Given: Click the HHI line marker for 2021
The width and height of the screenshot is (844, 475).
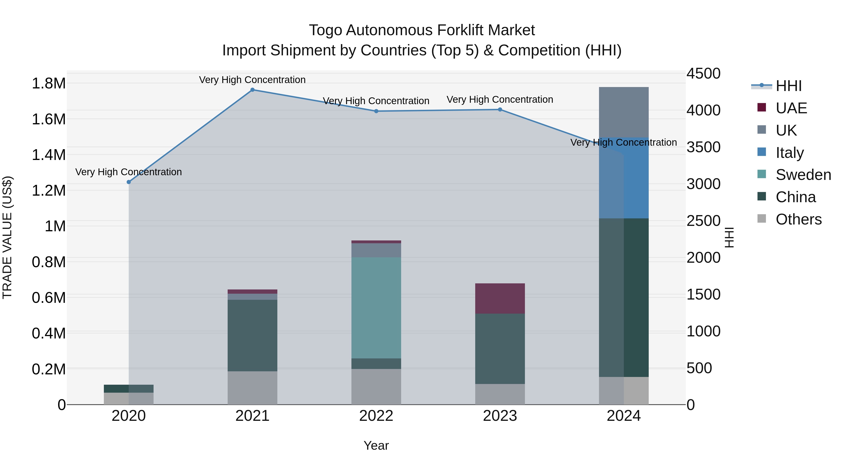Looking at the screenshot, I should [252, 90].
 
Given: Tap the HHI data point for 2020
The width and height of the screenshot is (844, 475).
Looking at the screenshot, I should [129, 182].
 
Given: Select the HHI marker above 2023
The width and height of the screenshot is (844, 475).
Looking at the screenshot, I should [500, 110].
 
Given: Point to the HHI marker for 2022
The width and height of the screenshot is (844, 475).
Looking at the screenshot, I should [376, 111].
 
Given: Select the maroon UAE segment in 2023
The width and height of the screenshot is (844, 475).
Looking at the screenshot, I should [500, 298].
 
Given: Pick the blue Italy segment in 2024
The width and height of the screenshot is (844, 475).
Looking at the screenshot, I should [624, 178].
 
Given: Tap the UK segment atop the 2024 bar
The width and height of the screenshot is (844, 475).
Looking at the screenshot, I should [624, 112].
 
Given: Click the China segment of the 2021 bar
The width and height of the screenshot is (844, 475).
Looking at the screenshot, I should [252, 335].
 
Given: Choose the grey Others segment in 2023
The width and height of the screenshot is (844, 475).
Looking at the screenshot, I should [500, 394].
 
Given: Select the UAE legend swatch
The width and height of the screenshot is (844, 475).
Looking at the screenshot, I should [762, 107].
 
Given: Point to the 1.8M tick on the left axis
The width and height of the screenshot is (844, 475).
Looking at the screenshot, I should [49, 83].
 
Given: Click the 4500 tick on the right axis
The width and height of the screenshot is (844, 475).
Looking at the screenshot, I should [703, 73].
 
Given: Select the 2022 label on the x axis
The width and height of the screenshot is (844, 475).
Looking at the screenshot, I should [376, 416].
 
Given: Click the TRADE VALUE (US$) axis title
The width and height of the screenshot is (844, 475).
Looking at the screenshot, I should [7, 237].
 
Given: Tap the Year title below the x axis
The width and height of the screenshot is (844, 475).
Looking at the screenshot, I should [376, 445].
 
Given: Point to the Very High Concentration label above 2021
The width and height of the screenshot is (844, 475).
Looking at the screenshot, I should [252, 80].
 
